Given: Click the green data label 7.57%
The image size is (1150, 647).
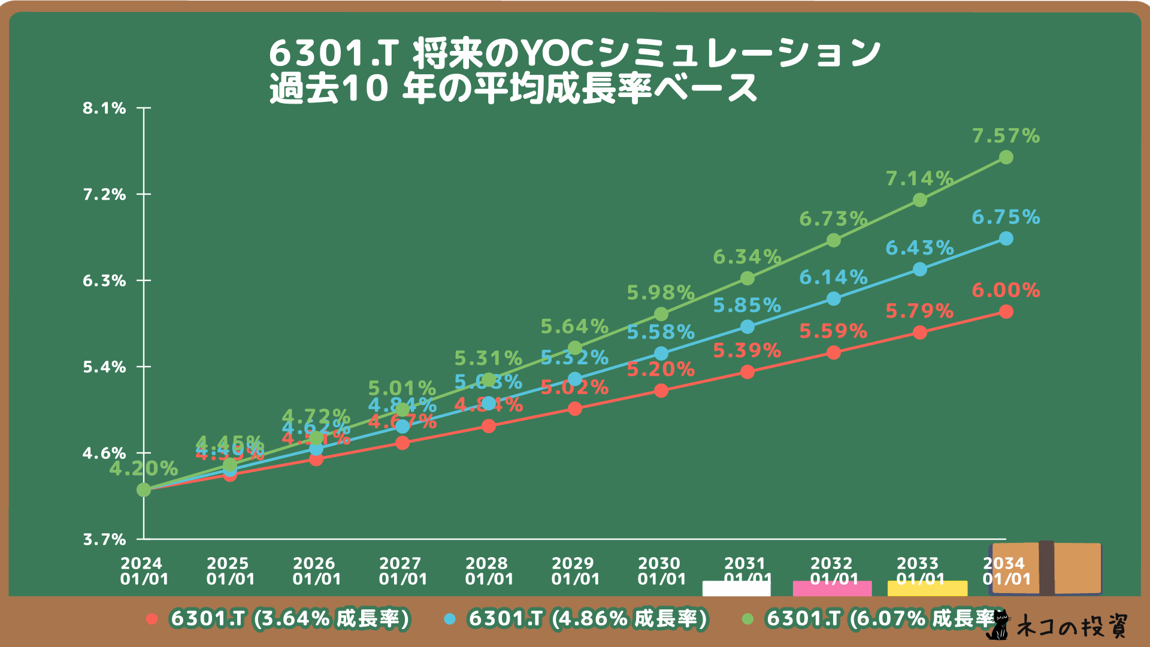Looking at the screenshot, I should (1006, 136).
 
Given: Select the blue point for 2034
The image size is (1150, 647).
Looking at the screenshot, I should (1006, 239).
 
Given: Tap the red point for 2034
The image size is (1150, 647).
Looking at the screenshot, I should (1006, 312).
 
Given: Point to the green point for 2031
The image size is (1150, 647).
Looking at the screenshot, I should (747, 279).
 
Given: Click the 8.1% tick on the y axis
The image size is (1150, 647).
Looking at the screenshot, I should (104, 108).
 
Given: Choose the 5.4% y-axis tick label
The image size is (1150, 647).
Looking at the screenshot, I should (104, 367).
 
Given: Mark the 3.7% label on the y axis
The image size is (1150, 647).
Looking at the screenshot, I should (104, 539).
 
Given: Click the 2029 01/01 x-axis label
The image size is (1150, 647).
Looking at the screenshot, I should (575, 571).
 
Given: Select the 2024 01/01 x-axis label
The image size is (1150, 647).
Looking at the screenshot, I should (144, 571).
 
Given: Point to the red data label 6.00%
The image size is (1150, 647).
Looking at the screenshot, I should (1006, 291).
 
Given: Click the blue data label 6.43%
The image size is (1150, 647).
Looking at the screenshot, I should (919, 248).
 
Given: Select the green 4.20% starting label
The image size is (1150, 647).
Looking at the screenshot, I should (143, 468).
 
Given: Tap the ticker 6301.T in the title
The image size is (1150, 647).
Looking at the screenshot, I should (333, 54).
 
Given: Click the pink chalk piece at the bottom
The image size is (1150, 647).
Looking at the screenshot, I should (832, 588).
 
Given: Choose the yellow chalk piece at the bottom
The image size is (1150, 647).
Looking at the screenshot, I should (927, 588).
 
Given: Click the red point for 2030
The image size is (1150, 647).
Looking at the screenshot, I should (661, 391).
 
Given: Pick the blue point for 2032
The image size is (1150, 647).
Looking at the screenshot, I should (834, 298).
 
